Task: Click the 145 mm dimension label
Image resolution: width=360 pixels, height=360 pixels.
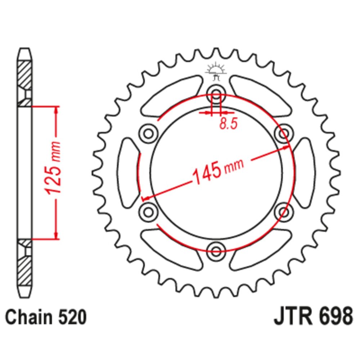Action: tap(218, 171)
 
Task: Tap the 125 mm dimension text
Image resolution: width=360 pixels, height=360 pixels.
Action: tap(53, 168)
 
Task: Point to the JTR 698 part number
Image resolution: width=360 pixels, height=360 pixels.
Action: tap(313, 317)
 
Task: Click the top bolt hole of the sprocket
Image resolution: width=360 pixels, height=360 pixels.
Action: tap(216, 94)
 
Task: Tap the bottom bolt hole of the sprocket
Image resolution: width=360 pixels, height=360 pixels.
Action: tap(216, 251)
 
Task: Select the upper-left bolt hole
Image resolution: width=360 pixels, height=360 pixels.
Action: tap(149, 134)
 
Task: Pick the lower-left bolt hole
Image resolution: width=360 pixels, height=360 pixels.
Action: tap(149, 212)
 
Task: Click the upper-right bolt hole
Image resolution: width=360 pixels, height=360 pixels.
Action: tap(284, 134)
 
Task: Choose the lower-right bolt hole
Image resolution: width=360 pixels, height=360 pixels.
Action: tap(284, 212)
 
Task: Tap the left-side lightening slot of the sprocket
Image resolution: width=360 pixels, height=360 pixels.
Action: tap(128, 173)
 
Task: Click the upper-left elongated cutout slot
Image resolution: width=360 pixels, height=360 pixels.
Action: tap(171, 96)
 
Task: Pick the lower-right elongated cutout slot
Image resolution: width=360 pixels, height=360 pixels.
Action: tap(261, 249)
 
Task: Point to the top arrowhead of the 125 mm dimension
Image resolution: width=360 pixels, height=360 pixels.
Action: tap(56, 110)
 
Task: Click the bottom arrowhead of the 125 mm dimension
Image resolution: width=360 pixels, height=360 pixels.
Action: tap(56, 235)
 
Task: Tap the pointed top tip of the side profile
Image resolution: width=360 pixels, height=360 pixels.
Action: tap(24, 49)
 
